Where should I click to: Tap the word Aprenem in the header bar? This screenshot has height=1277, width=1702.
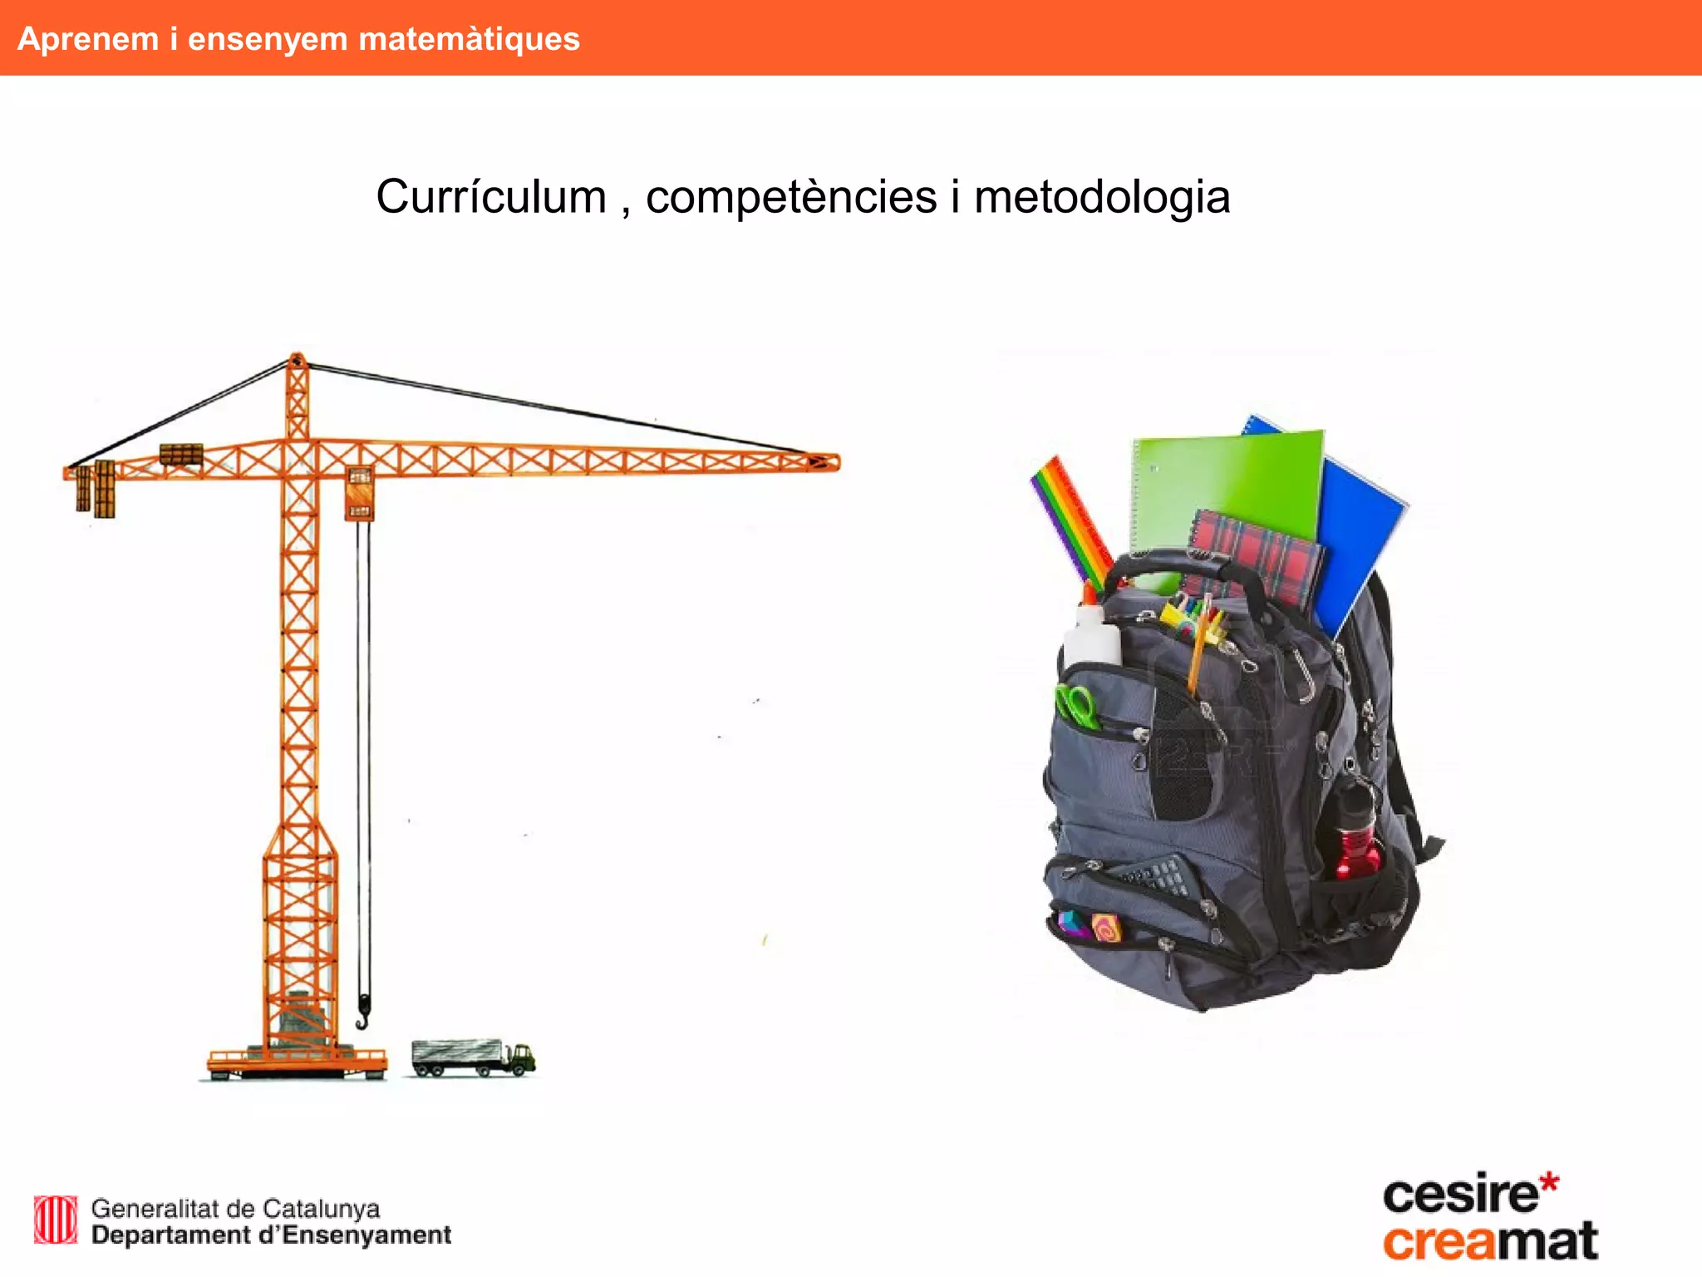(x=88, y=39)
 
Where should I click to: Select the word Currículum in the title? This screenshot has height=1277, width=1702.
(x=491, y=198)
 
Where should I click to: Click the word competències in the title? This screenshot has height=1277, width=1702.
(x=791, y=198)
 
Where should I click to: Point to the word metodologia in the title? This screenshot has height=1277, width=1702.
(x=1101, y=198)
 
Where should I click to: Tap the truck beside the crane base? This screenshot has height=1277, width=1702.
(x=472, y=1058)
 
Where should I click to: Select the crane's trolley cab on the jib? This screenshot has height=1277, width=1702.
(x=359, y=494)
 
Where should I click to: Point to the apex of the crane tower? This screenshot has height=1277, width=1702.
(x=297, y=361)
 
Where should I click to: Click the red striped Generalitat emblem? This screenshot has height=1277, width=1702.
(x=56, y=1220)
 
